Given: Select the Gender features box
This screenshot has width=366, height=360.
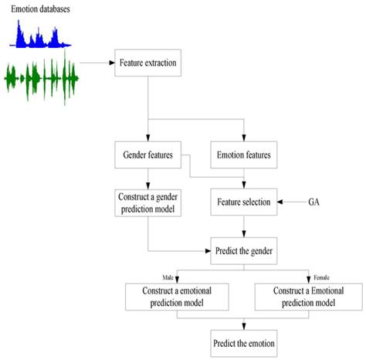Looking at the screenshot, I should pos(147,155).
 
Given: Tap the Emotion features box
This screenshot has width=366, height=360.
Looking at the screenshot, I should pos(244,155).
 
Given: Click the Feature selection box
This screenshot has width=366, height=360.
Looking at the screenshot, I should pos(244,202).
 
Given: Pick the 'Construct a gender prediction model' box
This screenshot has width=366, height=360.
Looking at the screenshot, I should pos(147,202).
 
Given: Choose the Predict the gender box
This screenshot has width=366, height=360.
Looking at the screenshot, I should pos(244,251).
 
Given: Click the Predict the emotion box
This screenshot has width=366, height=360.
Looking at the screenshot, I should pos(244,341).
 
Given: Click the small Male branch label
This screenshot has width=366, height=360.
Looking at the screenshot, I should pos(168,277).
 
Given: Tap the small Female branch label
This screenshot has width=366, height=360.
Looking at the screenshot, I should pos(320,277).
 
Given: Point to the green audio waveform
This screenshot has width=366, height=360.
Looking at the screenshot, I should pos(42,76).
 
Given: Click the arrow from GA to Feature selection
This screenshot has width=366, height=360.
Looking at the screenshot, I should pos(293,202).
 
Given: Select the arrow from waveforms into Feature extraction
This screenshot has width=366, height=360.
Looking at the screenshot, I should pos(97,63).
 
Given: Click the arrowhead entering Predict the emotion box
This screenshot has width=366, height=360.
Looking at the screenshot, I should pos(244,325).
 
